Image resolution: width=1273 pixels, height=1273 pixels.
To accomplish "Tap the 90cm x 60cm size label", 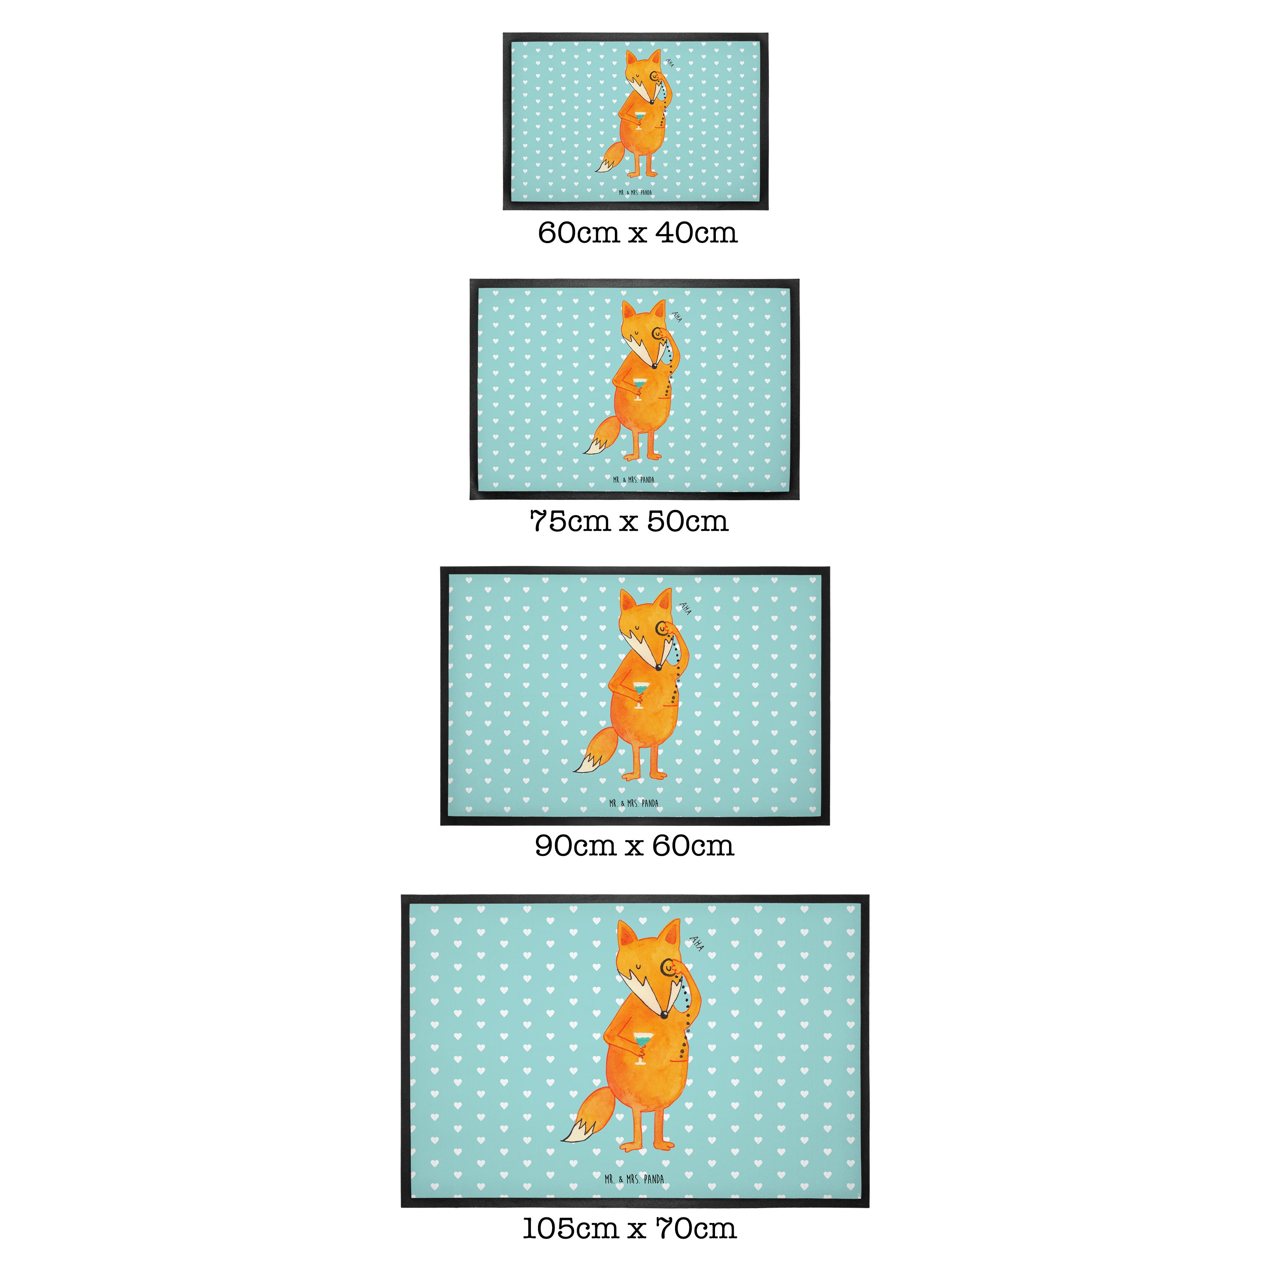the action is tap(634, 846).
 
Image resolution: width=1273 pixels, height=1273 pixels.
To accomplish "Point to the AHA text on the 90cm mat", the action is tap(685, 608).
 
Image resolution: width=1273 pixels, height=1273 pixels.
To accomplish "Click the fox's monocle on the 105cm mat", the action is tap(667, 967).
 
